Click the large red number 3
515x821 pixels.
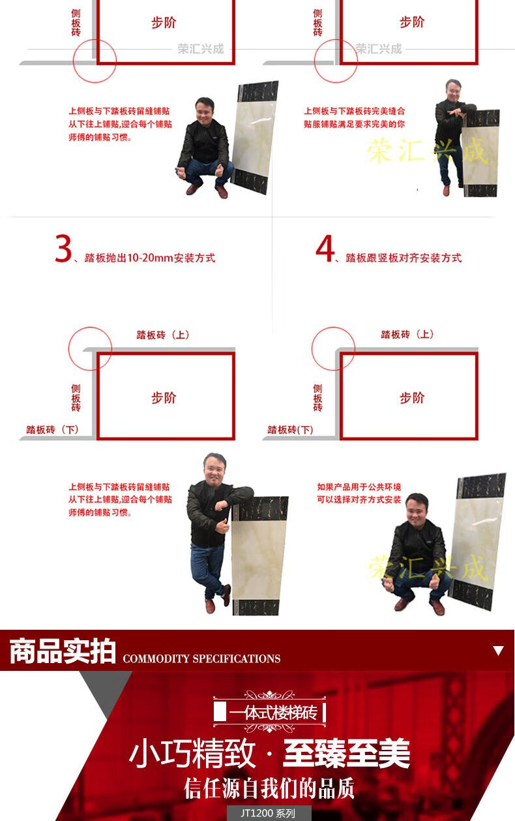63,249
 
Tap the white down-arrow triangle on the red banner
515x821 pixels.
498,651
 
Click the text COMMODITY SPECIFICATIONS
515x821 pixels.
201,658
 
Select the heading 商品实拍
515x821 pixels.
63,651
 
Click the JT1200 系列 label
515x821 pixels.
268,813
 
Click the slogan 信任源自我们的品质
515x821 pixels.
269,788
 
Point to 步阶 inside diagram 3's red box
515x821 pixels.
164,397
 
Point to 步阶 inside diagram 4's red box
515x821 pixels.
412,397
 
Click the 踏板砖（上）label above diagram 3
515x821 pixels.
163,335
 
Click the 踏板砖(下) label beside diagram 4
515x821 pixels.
290,429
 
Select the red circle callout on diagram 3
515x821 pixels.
68,349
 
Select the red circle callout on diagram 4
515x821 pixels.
312,349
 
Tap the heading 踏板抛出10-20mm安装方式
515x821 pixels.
150,258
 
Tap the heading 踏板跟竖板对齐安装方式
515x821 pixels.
404,258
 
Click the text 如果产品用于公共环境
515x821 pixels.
359,487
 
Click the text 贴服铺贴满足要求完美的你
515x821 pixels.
355,124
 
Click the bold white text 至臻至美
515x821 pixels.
346,752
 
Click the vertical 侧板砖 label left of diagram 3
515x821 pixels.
76,398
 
